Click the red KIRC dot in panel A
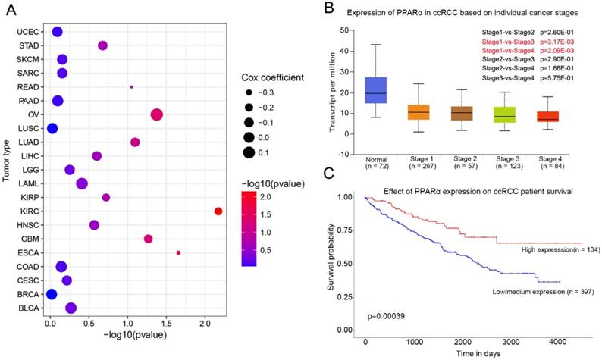(x=218, y=211)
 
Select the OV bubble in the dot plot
(x=157, y=114)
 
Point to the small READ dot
(x=131, y=87)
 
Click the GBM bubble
(x=148, y=239)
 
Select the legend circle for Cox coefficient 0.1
(x=249, y=152)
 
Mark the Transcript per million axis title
(x=331, y=93)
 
